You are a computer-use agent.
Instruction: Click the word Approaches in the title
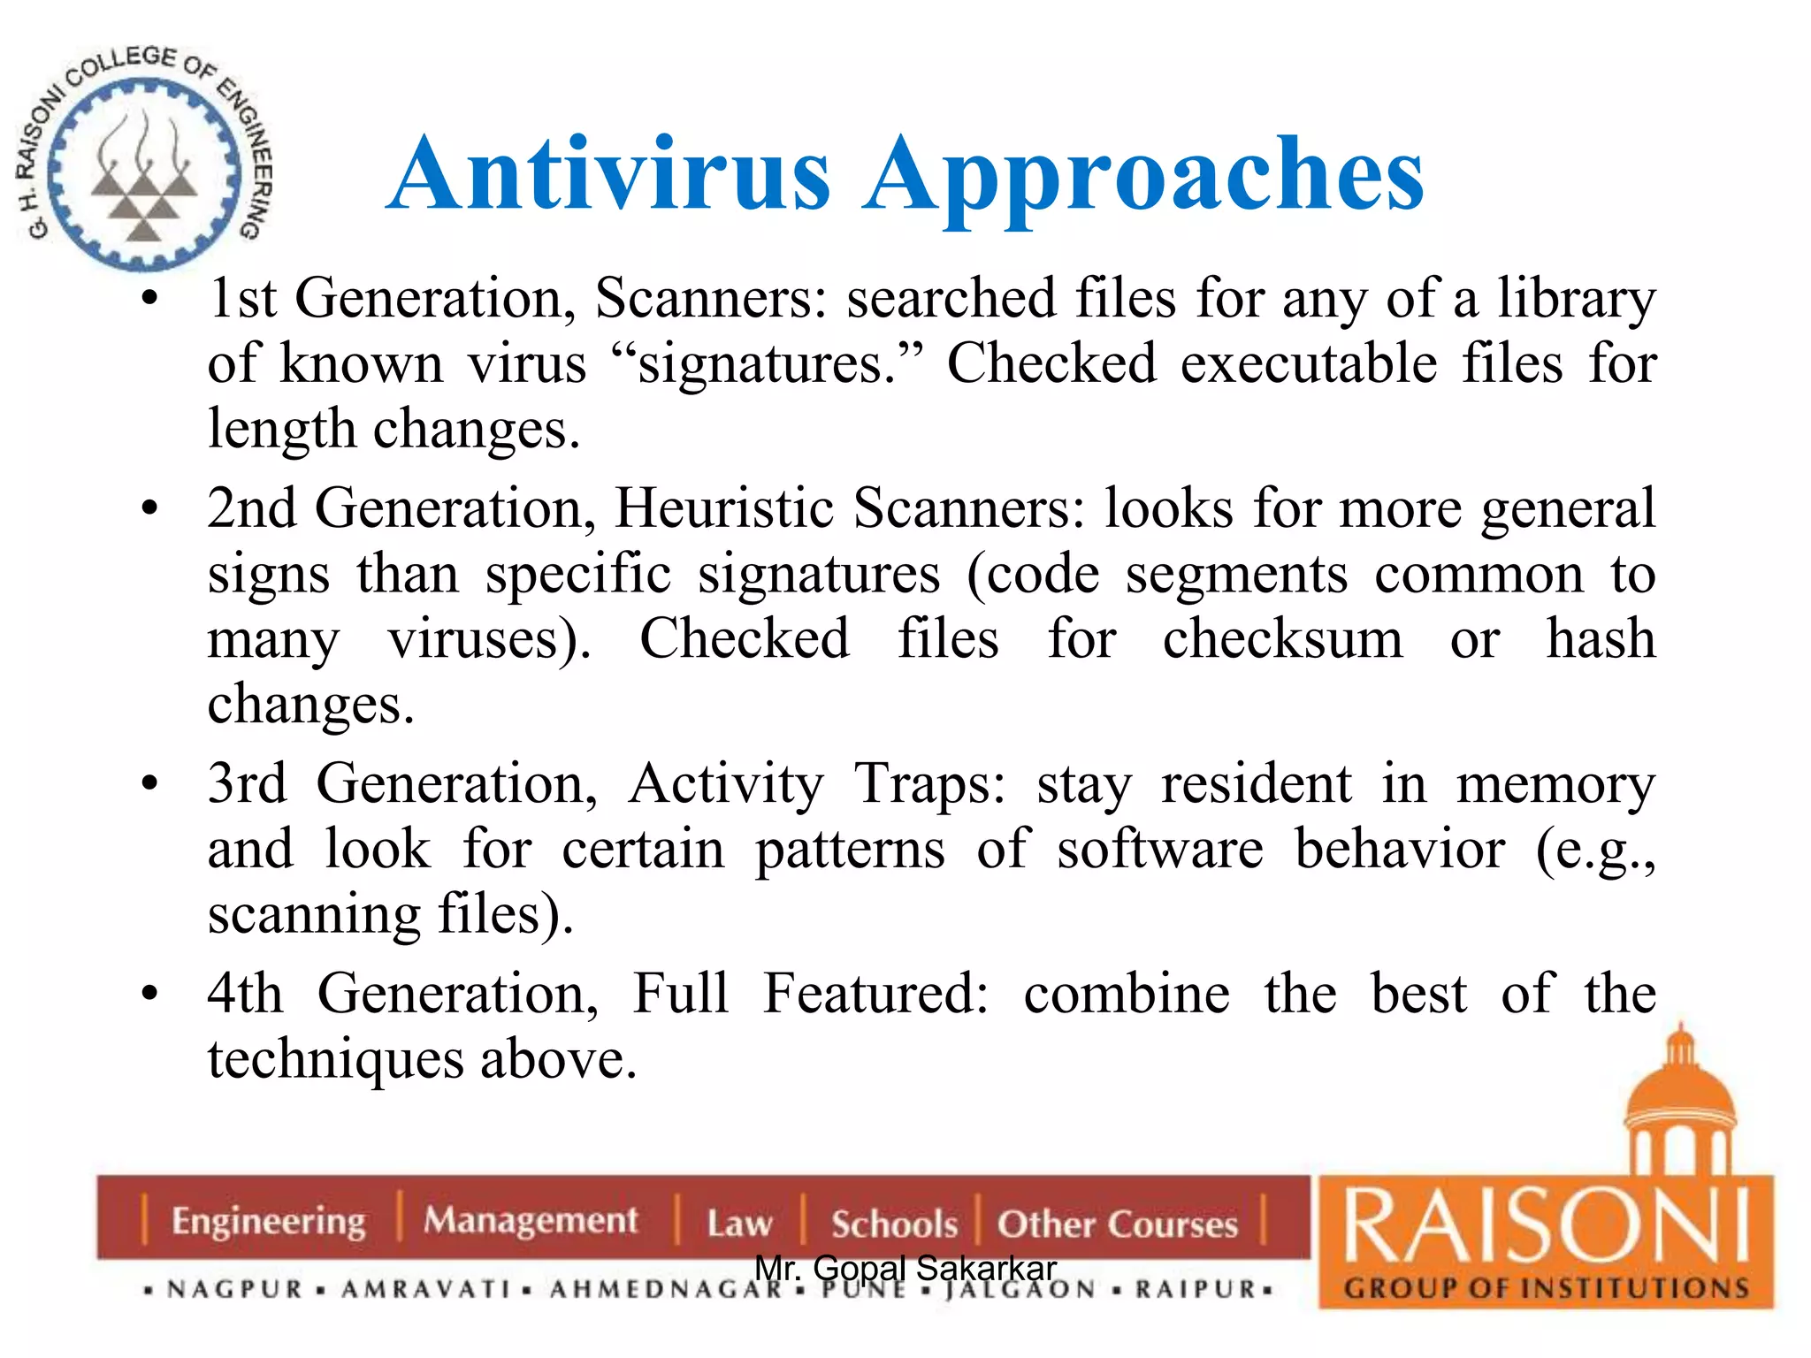tap(1143, 177)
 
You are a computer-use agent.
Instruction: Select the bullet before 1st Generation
tap(150, 299)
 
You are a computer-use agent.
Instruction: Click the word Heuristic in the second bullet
tap(724, 508)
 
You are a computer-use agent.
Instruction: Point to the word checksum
tap(1282, 639)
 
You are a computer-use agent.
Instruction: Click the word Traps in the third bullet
tap(929, 784)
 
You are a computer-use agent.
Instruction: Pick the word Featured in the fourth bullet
tap(875, 994)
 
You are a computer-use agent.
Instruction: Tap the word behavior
tap(1400, 850)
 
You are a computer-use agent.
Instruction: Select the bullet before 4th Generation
tap(150, 994)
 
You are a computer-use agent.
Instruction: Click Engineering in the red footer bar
tap(268, 1221)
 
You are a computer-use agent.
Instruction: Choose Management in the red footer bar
tap(531, 1221)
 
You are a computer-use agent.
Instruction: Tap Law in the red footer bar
tap(739, 1224)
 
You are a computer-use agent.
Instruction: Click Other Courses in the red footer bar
tap(1118, 1224)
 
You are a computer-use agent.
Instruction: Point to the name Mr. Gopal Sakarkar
tap(905, 1268)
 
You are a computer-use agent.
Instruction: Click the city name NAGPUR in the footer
tap(235, 1290)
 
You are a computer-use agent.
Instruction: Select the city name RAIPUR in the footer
tap(1196, 1290)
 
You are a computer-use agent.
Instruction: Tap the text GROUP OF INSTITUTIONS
tap(1547, 1288)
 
